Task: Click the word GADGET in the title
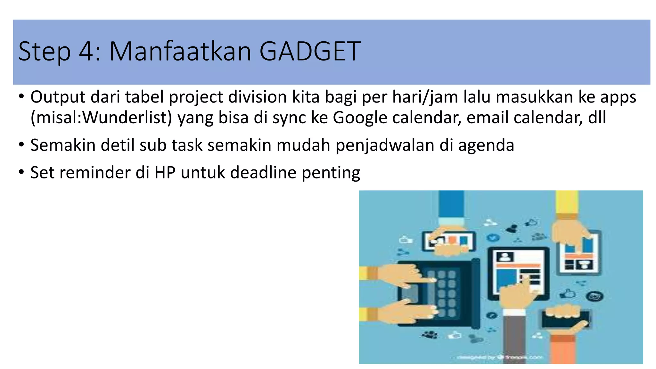coord(309,51)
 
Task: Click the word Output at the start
coord(58,97)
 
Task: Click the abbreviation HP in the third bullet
coord(165,173)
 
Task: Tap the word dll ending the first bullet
coord(597,118)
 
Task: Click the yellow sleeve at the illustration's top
coord(567,202)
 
